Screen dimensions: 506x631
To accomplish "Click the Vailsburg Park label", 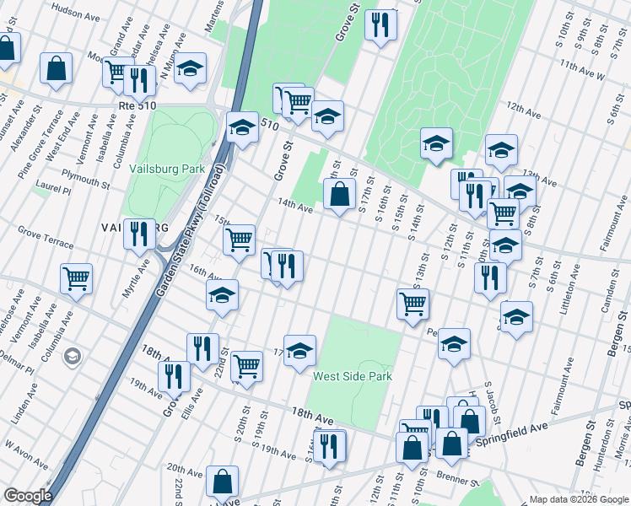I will pos(167,169).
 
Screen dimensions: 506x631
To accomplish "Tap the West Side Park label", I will pos(352,376).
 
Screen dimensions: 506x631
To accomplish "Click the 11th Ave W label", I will pos(582,70).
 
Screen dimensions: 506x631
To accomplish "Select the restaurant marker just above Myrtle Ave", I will pos(139,233).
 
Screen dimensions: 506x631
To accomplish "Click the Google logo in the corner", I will pos(28,496).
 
